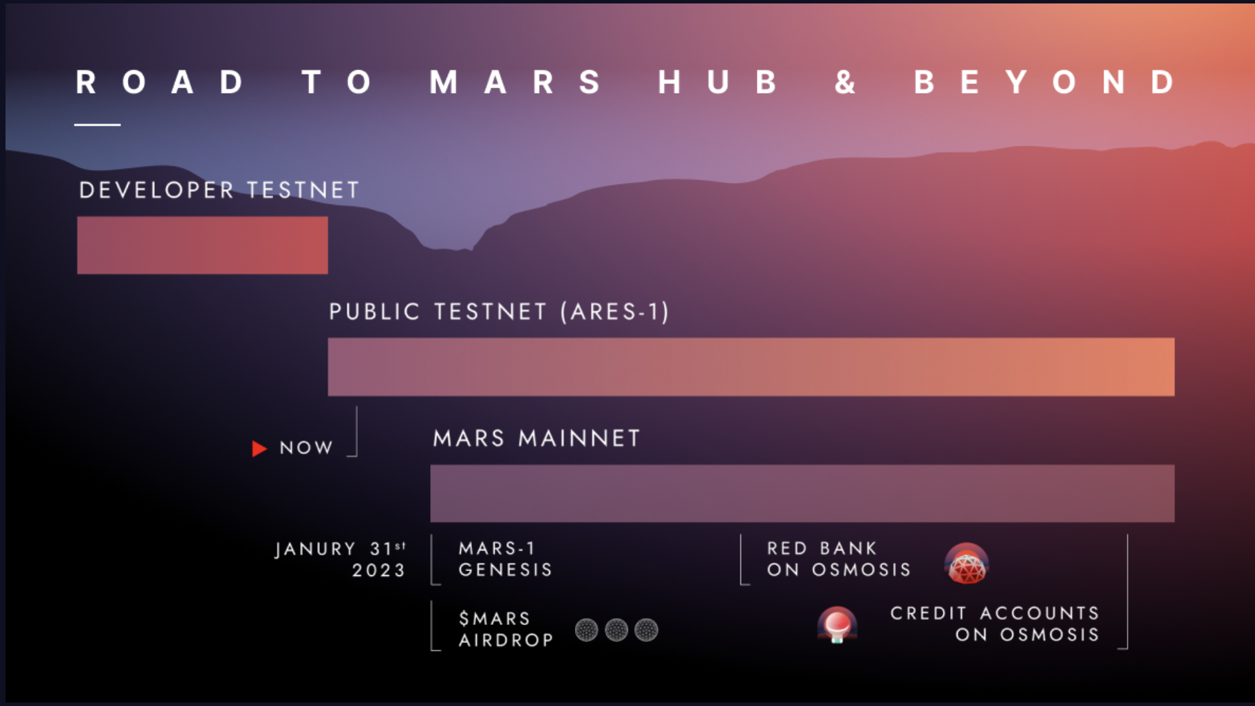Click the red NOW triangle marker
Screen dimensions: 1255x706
(259, 449)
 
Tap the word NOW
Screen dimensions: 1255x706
(306, 448)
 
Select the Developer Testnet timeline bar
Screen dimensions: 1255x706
(202, 245)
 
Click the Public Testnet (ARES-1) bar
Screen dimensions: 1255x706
(751, 367)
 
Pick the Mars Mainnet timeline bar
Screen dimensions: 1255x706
(802, 493)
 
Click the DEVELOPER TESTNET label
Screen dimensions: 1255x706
(219, 190)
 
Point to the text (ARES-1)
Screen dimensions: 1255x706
(614, 312)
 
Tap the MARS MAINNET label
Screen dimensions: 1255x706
(537, 438)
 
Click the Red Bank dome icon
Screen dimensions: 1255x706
(967, 563)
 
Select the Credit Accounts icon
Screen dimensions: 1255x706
(837, 624)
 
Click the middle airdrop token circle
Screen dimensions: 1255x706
(616, 630)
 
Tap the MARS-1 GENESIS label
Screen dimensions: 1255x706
(506, 559)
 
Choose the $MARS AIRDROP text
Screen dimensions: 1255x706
(506, 629)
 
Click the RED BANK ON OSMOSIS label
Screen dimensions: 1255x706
(839, 559)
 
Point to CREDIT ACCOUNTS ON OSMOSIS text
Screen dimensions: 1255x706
(995, 623)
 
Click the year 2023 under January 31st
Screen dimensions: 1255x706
(379, 570)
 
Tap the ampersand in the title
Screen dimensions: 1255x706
(845, 83)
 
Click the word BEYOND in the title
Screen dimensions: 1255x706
(1044, 83)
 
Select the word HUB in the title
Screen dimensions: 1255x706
(718, 83)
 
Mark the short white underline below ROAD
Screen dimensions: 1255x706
(98, 125)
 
